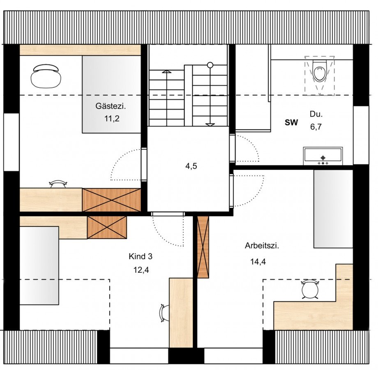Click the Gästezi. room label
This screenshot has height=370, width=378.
click(x=111, y=106)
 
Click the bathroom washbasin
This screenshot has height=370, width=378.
click(x=323, y=156)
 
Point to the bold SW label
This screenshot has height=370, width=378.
click(x=291, y=123)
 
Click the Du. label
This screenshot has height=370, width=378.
click(x=316, y=114)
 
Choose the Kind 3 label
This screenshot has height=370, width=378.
click(x=141, y=257)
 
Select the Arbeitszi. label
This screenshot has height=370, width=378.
click(x=262, y=246)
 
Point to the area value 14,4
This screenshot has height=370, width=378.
click(x=258, y=261)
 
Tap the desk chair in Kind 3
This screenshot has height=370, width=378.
click(x=164, y=313)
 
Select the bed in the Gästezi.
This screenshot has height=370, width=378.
click(x=111, y=94)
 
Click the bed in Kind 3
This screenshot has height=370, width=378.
click(x=39, y=266)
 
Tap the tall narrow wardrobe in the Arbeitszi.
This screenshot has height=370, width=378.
click(x=203, y=247)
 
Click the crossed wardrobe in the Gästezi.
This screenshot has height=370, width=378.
click(x=111, y=200)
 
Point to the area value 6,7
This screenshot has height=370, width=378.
click(x=316, y=127)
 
